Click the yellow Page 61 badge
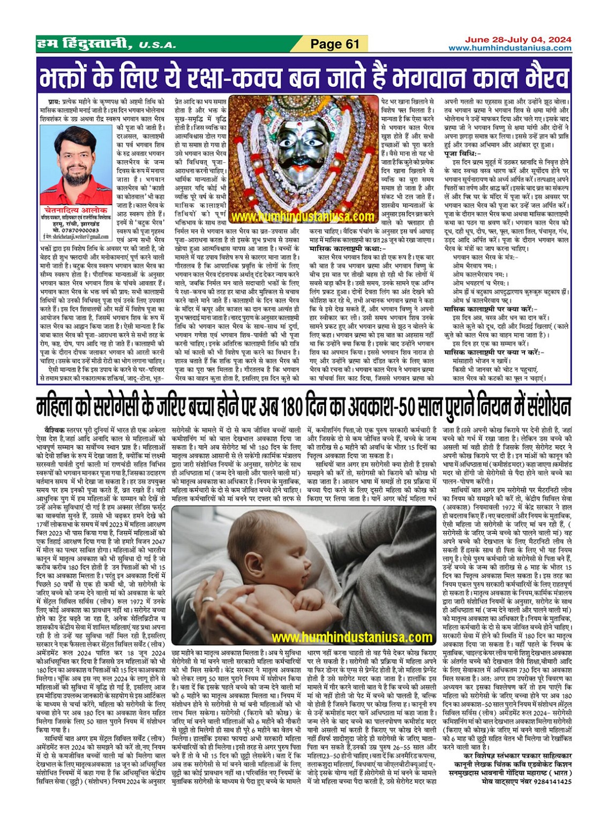click(x=335, y=44)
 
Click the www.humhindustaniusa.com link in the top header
click(x=509, y=48)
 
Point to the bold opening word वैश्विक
click(x=54, y=430)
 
